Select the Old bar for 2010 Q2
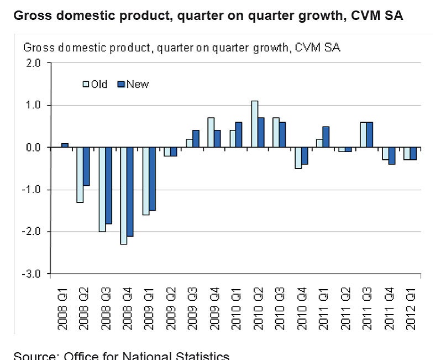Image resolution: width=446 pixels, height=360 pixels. [255, 124]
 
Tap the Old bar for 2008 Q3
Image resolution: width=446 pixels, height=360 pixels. [102, 190]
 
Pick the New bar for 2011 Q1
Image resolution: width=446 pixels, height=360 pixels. [326, 137]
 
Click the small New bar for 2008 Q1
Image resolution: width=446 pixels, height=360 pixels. [65, 145]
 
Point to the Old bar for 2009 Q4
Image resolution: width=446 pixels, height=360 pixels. [211, 133]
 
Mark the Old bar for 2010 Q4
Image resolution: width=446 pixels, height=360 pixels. [298, 158]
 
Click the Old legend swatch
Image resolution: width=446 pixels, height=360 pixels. [86, 85]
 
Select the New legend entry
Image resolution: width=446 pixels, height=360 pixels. [133, 85]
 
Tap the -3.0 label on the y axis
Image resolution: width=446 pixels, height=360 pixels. [33, 274]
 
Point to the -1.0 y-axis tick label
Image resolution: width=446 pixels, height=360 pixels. [33, 190]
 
